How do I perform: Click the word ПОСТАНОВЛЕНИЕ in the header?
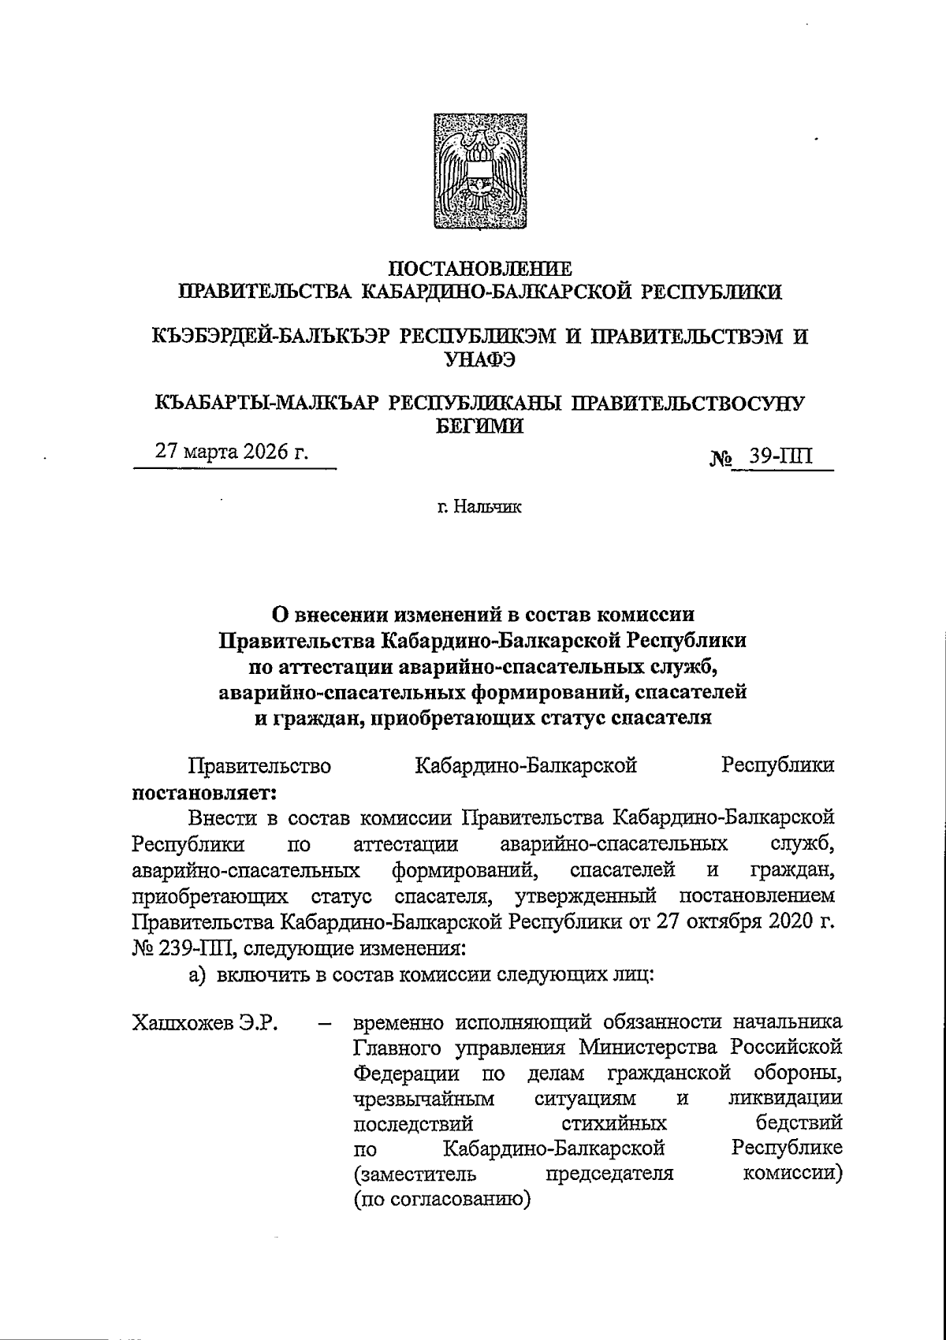pos(481,269)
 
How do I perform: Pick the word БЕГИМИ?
pos(480,426)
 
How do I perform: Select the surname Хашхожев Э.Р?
pos(209,1024)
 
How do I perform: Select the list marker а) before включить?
pos(197,974)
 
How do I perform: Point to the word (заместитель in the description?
pos(415,1174)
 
